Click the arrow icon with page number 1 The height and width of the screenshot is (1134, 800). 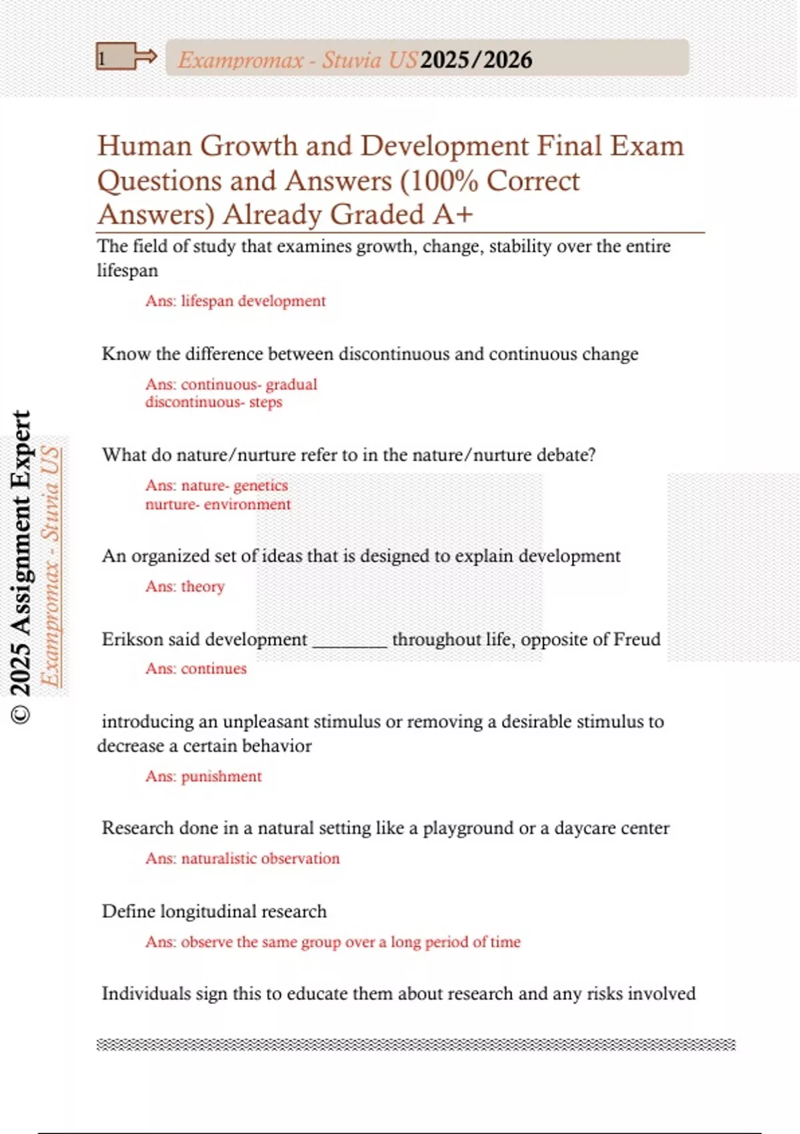125,57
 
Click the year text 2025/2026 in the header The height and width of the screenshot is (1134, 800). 476,60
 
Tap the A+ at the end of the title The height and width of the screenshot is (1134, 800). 453,215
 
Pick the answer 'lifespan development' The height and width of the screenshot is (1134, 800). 253,301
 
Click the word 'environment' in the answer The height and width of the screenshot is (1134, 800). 247,504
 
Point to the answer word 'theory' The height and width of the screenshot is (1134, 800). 203,586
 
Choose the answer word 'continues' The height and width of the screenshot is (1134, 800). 213,668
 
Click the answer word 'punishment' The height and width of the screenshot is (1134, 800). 221,776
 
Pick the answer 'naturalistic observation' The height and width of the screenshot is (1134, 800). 260,859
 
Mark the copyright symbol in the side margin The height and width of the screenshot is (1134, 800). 21,714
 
